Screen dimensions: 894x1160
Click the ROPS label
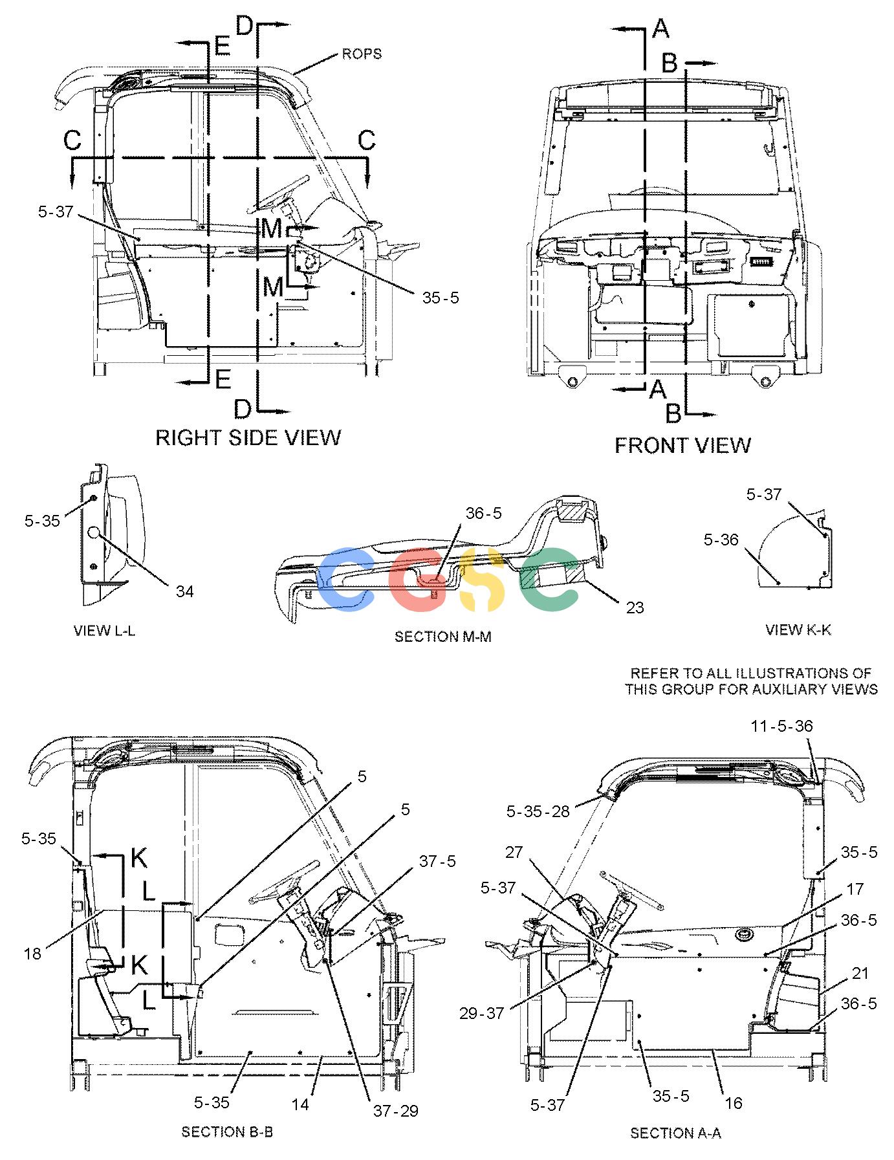[362, 54]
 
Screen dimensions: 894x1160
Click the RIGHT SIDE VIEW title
[248, 437]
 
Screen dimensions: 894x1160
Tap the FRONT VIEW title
[682, 445]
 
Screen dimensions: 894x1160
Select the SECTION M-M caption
[443, 637]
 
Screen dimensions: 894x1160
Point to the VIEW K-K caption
[798, 629]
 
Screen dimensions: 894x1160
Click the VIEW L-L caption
[105, 631]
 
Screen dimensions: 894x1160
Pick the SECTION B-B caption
[227, 1132]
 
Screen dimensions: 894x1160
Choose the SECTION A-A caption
[675, 1133]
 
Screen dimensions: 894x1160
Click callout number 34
[184, 591]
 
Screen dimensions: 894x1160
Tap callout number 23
[635, 607]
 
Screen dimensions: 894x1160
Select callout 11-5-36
[781, 727]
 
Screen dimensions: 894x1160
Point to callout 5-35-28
[538, 811]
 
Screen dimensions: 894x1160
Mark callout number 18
[34, 954]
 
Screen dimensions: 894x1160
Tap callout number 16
[733, 1103]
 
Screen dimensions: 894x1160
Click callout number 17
[855, 889]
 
